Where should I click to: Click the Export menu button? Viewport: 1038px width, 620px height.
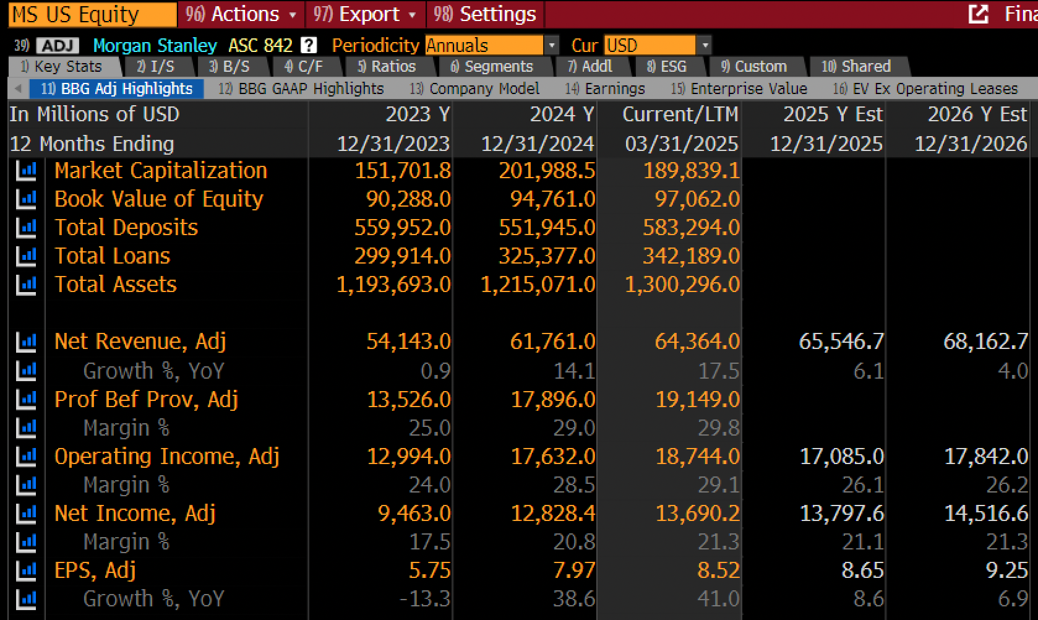[x=365, y=14]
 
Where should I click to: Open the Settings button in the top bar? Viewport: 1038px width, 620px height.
[x=485, y=14]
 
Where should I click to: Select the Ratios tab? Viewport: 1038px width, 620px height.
[x=387, y=67]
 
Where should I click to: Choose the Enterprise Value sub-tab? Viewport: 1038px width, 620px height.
[x=739, y=88]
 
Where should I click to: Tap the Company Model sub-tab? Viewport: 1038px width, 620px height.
[x=474, y=88]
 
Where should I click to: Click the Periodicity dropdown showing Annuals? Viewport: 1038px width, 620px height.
[x=491, y=45]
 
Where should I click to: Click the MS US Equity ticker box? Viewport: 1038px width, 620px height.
[x=93, y=14]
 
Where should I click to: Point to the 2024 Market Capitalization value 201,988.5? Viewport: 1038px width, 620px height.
[x=547, y=171]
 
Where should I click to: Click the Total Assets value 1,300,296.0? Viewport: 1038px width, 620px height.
[x=682, y=284]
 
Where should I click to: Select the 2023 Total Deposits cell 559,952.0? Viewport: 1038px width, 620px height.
[x=402, y=228]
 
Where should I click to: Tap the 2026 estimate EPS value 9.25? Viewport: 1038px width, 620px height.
[x=1007, y=570]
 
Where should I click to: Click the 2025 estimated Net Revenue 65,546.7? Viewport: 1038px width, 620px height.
[x=841, y=342]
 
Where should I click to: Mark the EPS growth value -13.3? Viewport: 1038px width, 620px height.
[x=425, y=599]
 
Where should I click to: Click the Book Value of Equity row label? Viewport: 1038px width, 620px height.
[x=159, y=199]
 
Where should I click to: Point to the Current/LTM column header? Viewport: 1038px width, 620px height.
[x=680, y=114]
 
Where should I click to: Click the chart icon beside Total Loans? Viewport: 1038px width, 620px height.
[x=26, y=256]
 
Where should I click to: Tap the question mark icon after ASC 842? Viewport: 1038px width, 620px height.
[x=309, y=45]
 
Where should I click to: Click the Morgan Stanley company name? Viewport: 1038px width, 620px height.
[x=155, y=45]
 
